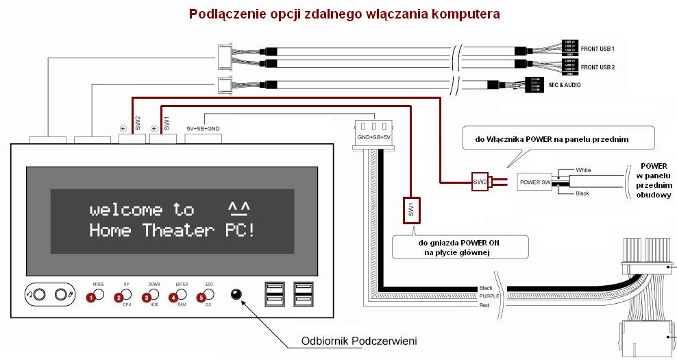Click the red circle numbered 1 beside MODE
tap(89, 298)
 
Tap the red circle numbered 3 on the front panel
tap(145, 298)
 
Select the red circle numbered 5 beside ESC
tap(201, 298)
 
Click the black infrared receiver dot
tap(237, 295)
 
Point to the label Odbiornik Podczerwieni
tap(359, 341)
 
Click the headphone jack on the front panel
tap(39, 295)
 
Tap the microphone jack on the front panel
tap(64, 295)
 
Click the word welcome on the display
tap(126, 210)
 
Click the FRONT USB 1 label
tap(598, 49)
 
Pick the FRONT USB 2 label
tap(598, 67)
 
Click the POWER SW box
tap(536, 182)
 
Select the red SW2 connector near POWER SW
tap(480, 182)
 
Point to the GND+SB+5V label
tap(373, 138)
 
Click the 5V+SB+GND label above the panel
tap(204, 128)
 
